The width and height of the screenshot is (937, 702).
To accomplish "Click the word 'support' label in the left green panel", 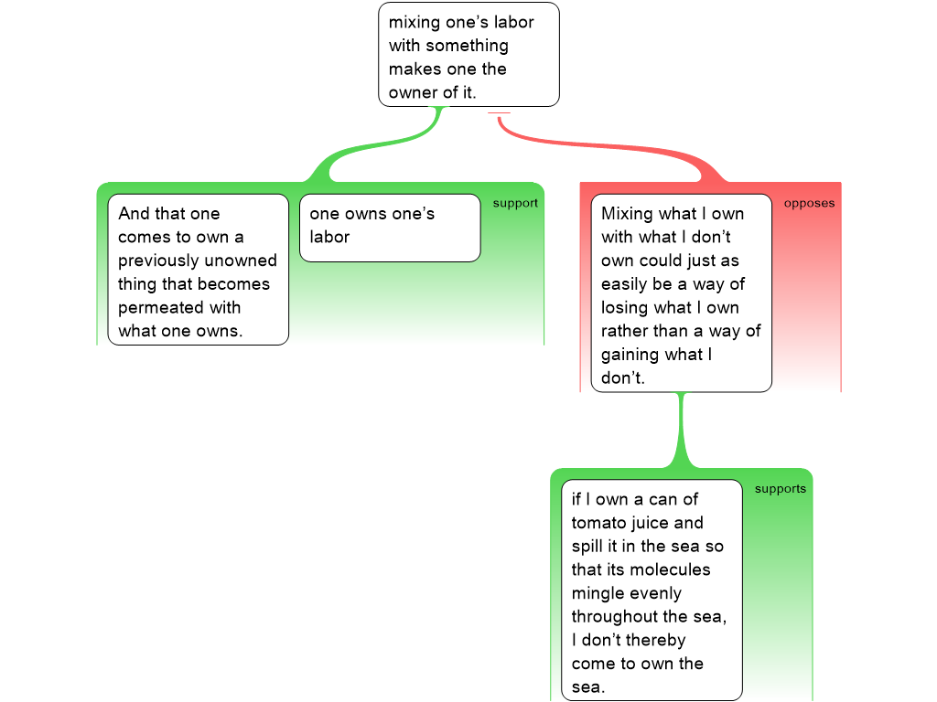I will point(515,203).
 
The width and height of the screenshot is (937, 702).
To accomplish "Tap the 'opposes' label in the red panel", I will point(809,203).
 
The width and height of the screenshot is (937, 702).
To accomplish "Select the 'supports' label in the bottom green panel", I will point(780,489).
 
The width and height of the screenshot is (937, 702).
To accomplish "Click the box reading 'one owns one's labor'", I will point(390,227).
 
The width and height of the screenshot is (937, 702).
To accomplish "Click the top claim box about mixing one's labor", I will point(468,55).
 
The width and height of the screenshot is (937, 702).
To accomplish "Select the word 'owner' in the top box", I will point(413,92).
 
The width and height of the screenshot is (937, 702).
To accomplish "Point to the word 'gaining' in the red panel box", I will point(632,355).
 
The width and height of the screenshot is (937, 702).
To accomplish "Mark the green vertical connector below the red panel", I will point(680,430).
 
